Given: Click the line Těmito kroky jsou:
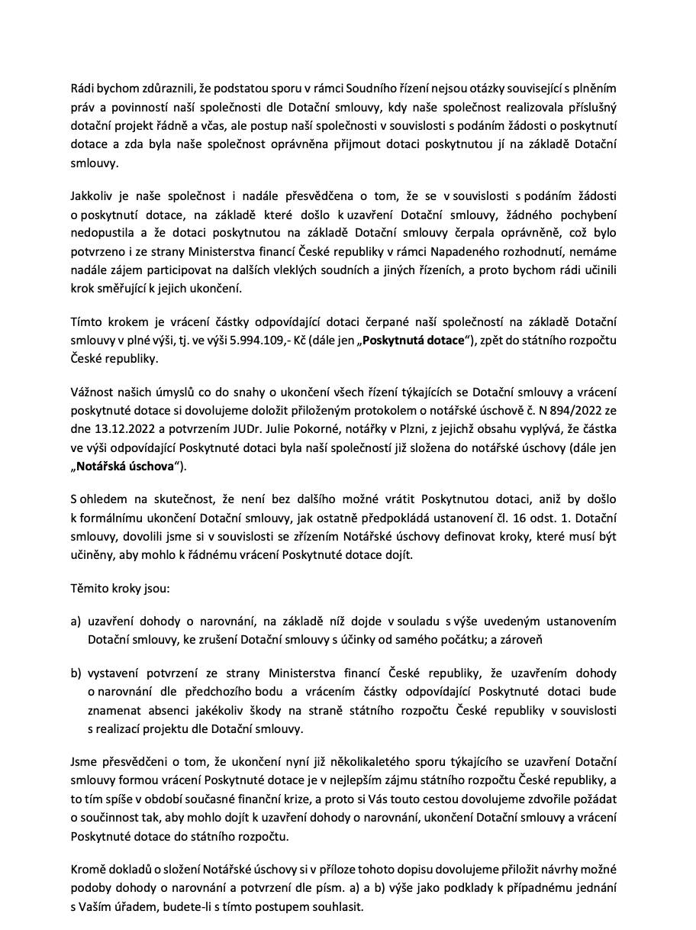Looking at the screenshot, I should [120, 590].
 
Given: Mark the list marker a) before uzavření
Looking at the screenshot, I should [76, 621].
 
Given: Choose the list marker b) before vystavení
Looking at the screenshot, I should [76, 673].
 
